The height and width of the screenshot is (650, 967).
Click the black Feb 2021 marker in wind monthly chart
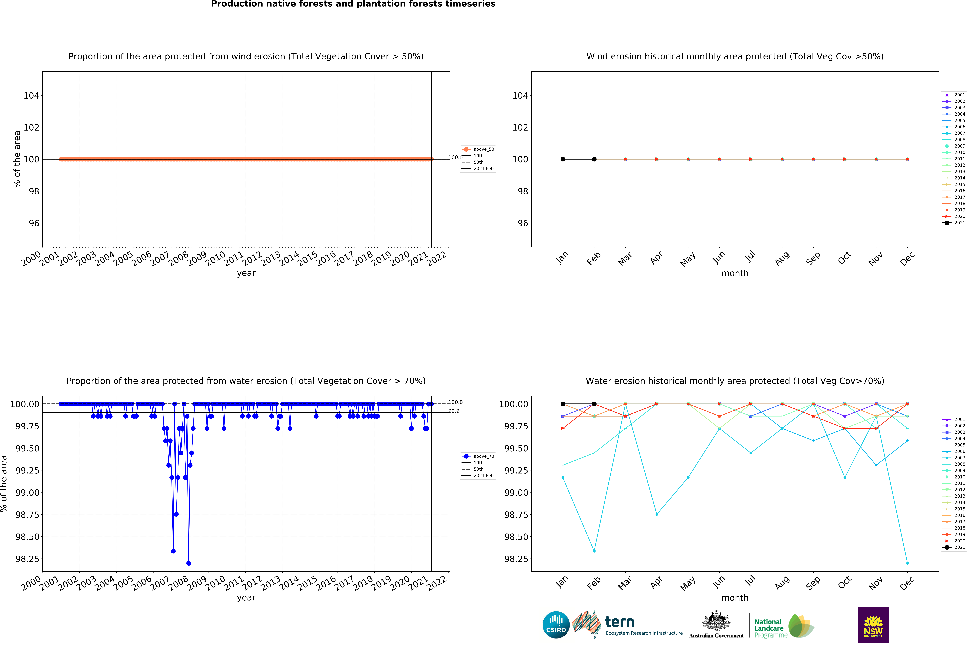coord(594,159)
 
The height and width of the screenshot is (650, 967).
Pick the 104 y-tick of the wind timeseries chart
coord(31,96)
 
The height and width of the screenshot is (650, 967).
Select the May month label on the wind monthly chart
coord(688,259)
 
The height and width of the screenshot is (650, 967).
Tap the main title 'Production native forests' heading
coord(353,4)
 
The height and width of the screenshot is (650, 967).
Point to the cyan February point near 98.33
coord(594,551)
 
